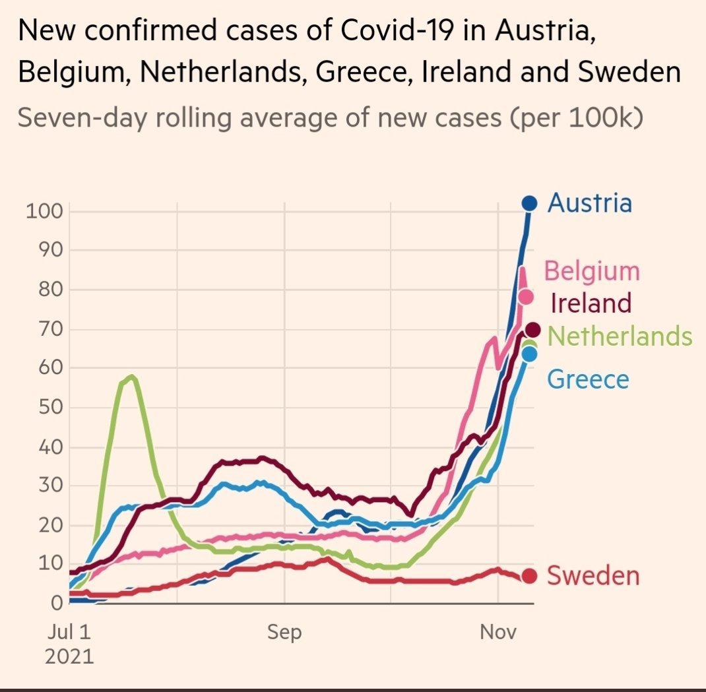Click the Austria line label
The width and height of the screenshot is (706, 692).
click(x=590, y=203)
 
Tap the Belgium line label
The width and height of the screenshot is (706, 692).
click(x=592, y=270)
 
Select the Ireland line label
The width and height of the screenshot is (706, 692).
click(x=591, y=303)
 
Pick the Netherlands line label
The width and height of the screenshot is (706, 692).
click(x=620, y=336)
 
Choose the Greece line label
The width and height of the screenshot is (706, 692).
click(x=589, y=379)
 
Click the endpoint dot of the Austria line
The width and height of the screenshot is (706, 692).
click(x=530, y=203)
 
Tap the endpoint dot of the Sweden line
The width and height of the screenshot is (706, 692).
click(x=529, y=576)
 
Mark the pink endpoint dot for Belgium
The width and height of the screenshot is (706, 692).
click(x=526, y=297)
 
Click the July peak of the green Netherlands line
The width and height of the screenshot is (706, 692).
click(x=132, y=377)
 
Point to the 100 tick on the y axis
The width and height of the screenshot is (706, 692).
click(x=44, y=212)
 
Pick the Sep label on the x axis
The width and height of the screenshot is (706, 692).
click(x=284, y=632)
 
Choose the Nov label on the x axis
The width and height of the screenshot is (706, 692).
click(x=497, y=632)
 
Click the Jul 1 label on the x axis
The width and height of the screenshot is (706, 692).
click(x=69, y=632)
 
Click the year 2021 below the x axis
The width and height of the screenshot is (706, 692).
click(x=69, y=657)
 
